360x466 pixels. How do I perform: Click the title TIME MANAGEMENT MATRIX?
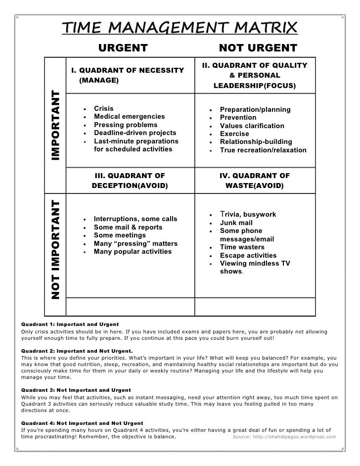coord(180,29)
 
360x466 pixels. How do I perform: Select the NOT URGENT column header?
coord(258,48)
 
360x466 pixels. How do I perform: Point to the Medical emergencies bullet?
coord(129,117)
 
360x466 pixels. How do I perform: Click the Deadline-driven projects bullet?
coord(135,133)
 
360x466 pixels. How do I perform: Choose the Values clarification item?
coord(252,126)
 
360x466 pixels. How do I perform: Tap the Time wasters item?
coord(242,247)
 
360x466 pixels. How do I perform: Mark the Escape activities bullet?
coord(248,256)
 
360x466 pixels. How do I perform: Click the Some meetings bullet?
coord(120,235)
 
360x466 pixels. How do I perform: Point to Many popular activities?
coord(133,251)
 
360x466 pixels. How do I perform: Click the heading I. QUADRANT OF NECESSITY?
coord(128,70)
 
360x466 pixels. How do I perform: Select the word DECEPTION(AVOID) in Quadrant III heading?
coord(130,186)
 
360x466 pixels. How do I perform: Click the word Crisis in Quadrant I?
coord(103,108)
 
